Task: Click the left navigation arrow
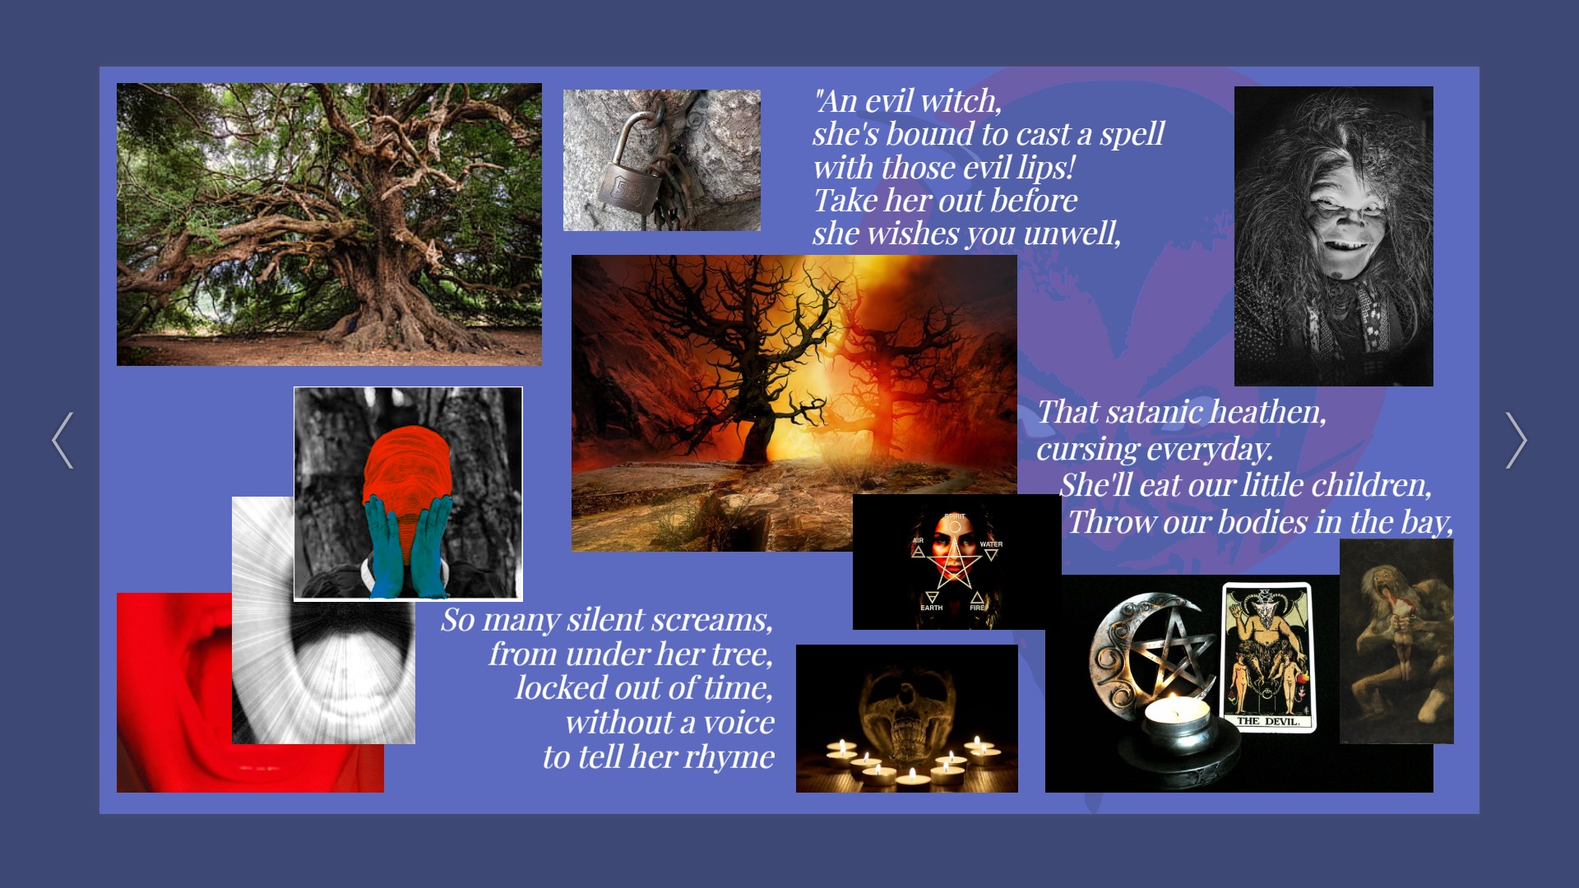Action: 63,441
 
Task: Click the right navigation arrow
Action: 1516,441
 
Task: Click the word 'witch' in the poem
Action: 960,102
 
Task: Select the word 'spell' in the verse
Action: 1132,135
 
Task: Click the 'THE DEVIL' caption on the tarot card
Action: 1268,721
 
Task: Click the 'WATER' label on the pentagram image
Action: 991,544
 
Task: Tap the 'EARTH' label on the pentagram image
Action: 932,608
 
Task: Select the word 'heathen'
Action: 1268,412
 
